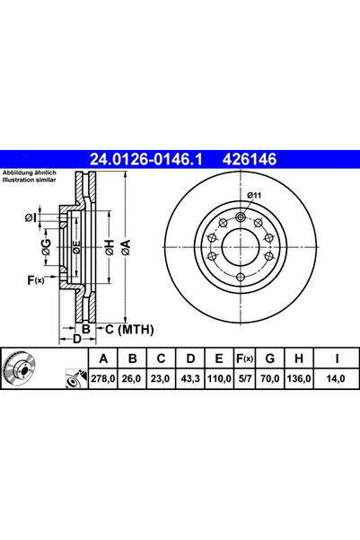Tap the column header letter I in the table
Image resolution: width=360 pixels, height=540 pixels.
tap(337, 359)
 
